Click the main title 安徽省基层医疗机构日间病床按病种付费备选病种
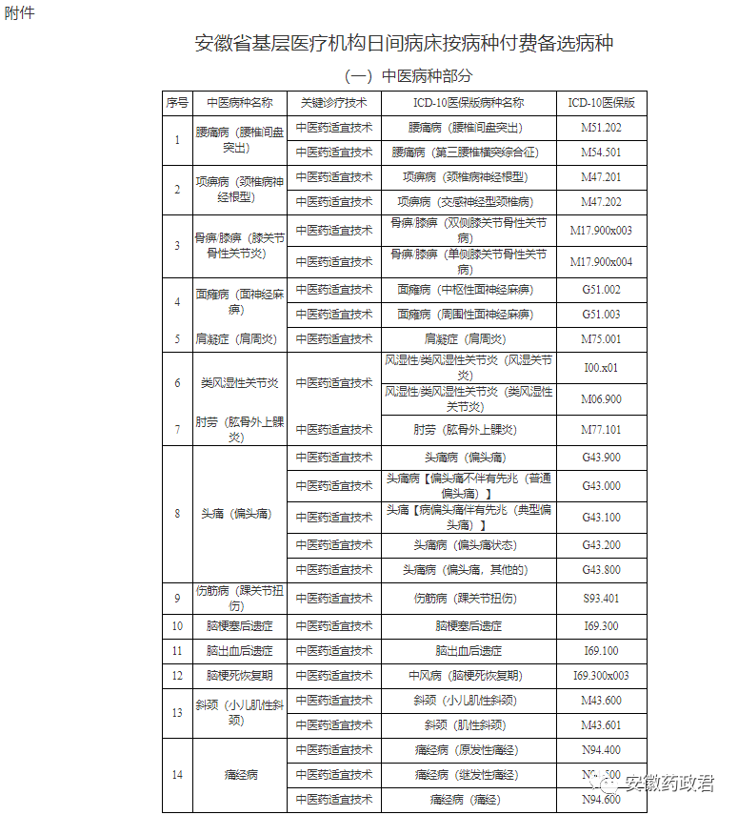405,44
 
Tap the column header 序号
177,103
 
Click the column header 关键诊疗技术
333,103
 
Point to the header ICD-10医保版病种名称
468,103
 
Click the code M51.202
601,128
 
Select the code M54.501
601,153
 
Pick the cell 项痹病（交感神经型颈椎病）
468,202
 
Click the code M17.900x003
601,231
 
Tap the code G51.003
601,315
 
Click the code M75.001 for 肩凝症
601,339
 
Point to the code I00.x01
601,368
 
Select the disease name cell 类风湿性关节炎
239,383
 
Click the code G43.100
601,518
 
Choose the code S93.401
601,599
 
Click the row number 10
177,626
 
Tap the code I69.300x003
601,676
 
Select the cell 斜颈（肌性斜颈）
468,725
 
